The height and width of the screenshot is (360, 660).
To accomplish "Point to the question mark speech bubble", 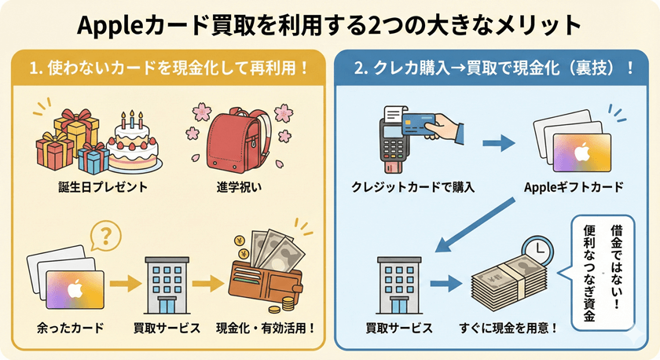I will pos(106,234).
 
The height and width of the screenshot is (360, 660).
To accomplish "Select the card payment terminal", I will pos(397,141).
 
